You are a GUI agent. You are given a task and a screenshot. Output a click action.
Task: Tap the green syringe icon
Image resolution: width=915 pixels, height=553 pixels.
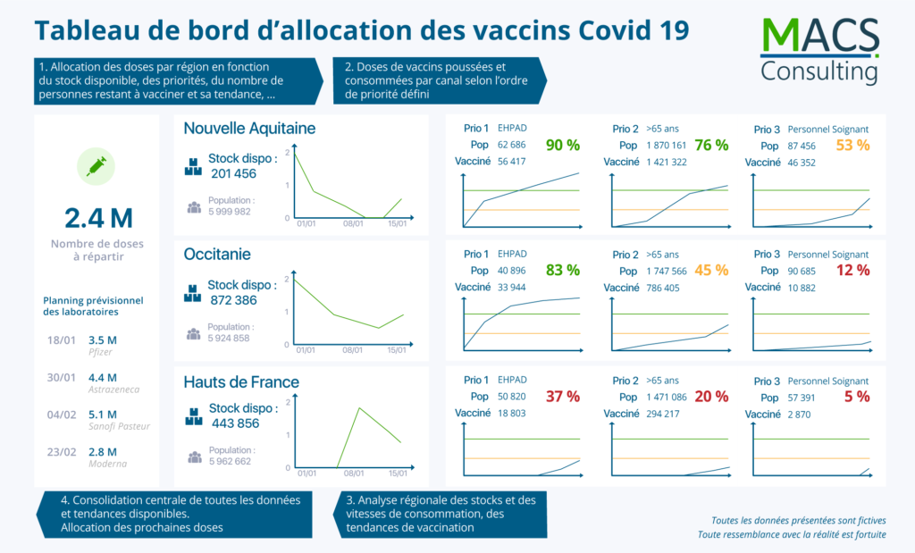click(96, 165)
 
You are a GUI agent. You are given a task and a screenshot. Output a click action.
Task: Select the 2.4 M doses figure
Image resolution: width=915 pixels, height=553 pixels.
click(98, 217)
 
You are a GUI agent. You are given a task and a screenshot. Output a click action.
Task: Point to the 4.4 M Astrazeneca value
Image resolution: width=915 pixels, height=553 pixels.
click(103, 377)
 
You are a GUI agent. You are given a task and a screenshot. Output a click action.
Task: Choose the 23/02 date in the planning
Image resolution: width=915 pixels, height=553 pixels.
click(61, 452)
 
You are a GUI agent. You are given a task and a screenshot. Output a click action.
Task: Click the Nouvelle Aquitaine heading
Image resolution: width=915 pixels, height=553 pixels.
click(249, 129)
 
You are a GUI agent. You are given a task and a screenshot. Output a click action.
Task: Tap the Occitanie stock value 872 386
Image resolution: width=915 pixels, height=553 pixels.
click(233, 300)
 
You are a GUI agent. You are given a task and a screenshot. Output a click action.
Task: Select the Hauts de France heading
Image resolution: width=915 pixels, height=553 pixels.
click(241, 382)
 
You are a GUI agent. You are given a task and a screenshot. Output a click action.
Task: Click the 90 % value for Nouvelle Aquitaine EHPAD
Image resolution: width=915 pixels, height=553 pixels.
click(563, 145)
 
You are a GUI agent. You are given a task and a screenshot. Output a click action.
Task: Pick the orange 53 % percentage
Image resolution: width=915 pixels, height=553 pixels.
click(852, 145)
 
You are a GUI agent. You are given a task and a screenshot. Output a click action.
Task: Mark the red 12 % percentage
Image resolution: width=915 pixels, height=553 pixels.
click(852, 270)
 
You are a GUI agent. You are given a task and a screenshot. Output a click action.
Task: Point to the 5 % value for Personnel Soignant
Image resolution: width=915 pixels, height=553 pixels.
click(856, 397)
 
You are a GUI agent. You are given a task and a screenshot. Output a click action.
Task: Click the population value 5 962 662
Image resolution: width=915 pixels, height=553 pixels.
click(230, 462)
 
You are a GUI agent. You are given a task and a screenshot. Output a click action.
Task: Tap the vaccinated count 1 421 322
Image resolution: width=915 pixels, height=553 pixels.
click(666, 162)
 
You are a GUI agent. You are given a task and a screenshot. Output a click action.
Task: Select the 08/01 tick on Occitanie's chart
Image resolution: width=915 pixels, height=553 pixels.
click(353, 350)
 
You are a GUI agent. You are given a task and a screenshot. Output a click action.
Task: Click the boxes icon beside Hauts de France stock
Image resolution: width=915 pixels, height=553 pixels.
click(193, 416)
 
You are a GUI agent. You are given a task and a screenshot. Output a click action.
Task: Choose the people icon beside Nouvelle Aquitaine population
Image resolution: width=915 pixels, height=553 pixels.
click(194, 207)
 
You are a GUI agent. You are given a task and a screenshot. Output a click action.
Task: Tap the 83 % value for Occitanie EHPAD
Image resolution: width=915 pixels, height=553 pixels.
click(563, 270)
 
